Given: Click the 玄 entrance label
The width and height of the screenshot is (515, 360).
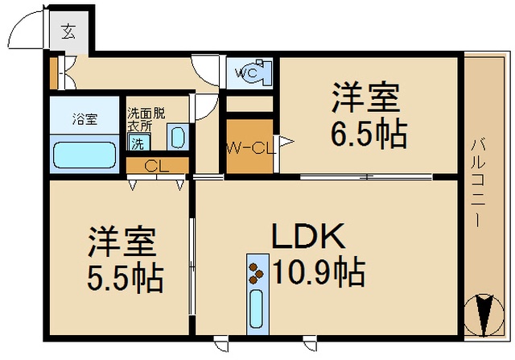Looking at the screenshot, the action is [68, 31].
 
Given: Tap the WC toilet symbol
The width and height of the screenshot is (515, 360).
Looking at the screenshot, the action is [255, 72].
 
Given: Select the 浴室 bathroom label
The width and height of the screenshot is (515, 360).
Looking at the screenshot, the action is [84, 118].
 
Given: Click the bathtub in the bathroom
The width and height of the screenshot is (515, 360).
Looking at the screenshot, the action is [84, 155].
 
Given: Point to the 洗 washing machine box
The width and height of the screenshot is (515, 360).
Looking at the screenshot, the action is [138, 143].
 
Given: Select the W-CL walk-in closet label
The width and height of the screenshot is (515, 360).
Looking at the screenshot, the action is [251, 149].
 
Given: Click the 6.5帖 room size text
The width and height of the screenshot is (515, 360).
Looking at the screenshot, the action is [369, 134].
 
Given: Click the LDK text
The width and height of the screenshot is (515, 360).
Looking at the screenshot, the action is [308, 237].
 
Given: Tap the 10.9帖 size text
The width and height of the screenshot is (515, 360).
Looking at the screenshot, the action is [319, 272].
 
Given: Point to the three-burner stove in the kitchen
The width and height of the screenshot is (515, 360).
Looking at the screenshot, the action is [256, 273].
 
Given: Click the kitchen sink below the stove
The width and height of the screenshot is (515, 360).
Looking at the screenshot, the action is [257, 309].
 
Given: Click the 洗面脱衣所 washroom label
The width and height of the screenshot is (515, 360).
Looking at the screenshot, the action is [146, 120].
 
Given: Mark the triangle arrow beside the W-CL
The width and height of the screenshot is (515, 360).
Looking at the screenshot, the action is [286, 142].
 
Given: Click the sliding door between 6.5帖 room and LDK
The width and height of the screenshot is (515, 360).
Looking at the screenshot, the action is [366, 177].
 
